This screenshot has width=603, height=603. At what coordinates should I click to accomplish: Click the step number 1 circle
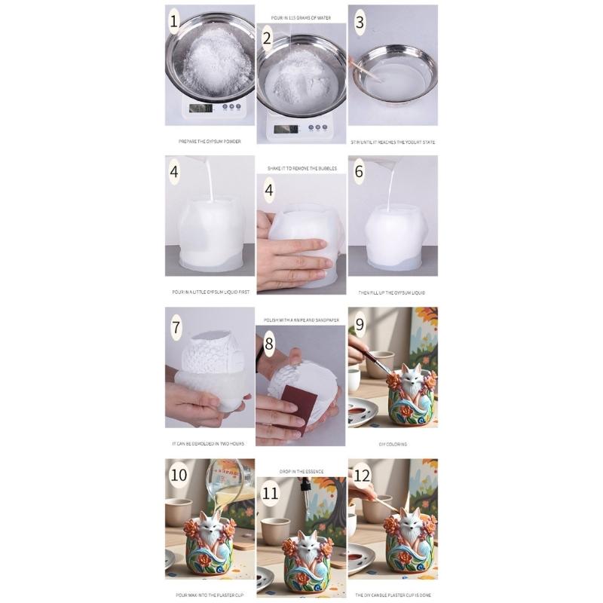tap(176, 22)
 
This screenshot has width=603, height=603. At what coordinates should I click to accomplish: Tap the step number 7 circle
tap(177, 327)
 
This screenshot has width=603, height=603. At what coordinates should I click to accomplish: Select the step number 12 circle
tap(362, 475)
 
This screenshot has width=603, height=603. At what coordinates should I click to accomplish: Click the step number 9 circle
tap(360, 324)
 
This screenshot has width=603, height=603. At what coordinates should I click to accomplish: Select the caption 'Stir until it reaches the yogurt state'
tap(393, 142)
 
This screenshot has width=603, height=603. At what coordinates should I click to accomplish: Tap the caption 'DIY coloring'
tap(393, 444)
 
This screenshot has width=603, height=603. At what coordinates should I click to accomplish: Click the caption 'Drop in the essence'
tap(301, 471)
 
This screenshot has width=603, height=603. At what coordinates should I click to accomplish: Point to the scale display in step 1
tap(200, 108)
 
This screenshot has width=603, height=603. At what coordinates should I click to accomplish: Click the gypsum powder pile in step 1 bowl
tap(210, 57)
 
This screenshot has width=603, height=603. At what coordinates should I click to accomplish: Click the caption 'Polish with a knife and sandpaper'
tap(301, 320)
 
